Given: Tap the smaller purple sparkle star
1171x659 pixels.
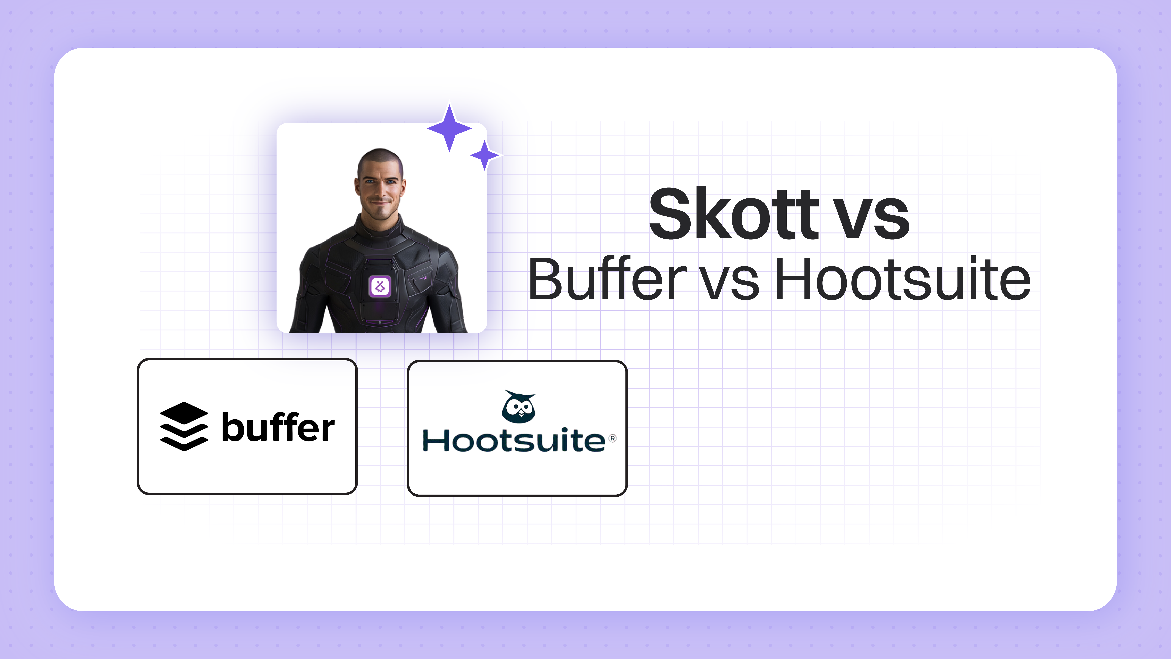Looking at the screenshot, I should click(x=485, y=155).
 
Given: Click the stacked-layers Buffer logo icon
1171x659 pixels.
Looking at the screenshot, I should click(x=184, y=427).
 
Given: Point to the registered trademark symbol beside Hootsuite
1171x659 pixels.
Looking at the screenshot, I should click(x=613, y=438).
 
